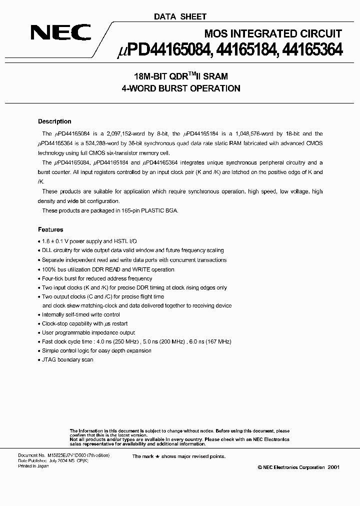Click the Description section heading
click(x=54, y=121)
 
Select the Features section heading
click(x=50, y=229)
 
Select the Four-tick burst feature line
click(x=97, y=278)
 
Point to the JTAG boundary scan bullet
click(x=67, y=359)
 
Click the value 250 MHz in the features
click(x=142, y=341)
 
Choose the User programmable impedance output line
click(x=88, y=332)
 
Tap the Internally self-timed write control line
click(x=81, y=314)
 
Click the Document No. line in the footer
click(x=63, y=456)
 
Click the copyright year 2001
click(x=333, y=466)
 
